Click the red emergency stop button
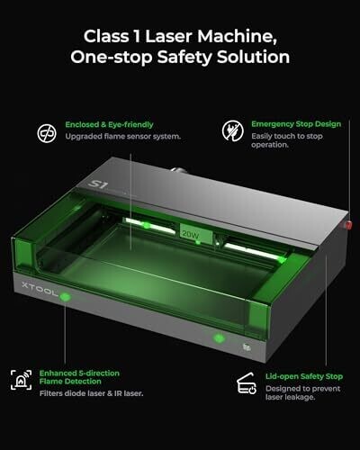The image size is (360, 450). coord(349,225)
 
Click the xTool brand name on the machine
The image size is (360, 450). coord(40,289)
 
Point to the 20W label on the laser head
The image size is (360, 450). coord(191,234)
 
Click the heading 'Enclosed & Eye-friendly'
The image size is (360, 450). coord(109,125)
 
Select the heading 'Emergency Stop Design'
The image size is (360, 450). coord(296,124)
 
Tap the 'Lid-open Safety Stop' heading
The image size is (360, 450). coord(304,376)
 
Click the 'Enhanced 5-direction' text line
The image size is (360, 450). coord(79,373)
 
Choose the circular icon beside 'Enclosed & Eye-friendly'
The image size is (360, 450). coord(47,133)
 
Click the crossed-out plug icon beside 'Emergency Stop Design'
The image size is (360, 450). coord(233,130)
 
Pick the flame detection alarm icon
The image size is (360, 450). coord(21,380)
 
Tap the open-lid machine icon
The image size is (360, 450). coord(247,383)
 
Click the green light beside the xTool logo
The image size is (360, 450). coord(65,297)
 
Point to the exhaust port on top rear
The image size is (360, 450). coord(180,170)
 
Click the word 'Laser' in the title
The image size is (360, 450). coord(168,36)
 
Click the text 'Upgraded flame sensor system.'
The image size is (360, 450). coord(123,137)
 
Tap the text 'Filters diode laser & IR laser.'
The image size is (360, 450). coord(91,393)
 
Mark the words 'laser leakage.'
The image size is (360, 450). coord(290,397)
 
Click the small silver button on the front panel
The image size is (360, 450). coord(247,347)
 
